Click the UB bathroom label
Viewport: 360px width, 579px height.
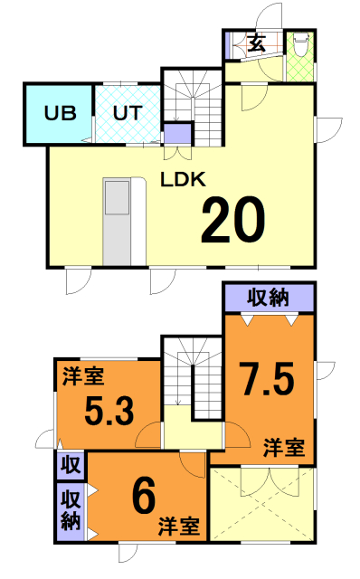click(x=61, y=113)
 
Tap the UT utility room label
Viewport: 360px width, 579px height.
click(x=128, y=113)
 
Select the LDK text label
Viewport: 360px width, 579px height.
click(x=183, y=179)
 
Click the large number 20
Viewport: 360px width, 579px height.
click(x=233, y=220)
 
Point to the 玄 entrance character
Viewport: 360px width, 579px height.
click(x=257, y=44)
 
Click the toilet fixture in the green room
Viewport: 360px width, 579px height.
click(x=300, y=44)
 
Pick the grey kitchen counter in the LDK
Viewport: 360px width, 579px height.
click(x=117, y=222)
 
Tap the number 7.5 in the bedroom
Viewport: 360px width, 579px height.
click(x=268, y=379)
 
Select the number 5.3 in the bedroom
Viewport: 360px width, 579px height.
click(x=109, y=410)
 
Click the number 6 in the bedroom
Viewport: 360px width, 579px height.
click(x=144, y=496)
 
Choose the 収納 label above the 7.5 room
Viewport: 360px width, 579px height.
click(x=268, y=298)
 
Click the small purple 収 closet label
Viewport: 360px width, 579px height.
click(x=71, y=465)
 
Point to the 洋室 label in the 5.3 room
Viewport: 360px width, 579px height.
click(x=83, y=376)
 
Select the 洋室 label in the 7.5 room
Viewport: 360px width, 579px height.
click(x=284, y=448)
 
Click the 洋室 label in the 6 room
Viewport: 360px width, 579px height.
click(x=179, y=527)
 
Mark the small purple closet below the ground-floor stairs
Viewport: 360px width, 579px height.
click(x=178, y=135)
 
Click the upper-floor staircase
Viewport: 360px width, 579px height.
click(x=193, y=379)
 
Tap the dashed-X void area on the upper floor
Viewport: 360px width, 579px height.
click(x=262, y=505)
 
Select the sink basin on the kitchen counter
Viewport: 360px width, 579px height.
click(x=117, y=197)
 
